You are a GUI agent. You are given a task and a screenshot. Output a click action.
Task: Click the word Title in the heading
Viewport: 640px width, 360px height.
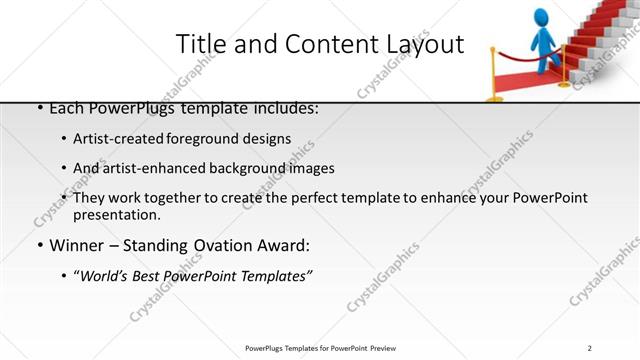pyautogui.click(x=200, y=44)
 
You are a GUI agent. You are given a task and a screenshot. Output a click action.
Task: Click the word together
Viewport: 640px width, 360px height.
pyautogui.click(x=180, y=198)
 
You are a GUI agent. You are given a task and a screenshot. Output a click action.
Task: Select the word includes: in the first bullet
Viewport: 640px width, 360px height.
pyautogui.click(x=282, y=107)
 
